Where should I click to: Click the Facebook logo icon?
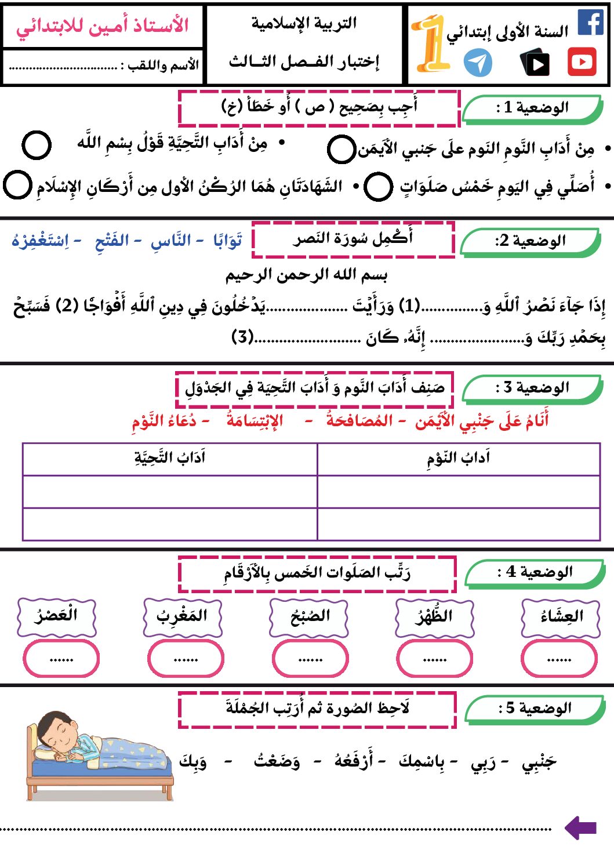(x=591, y=22)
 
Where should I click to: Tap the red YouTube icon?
(x=582, y=62)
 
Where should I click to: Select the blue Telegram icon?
(x=478, y=63)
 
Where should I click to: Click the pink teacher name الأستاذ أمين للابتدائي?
(x=103, y=26)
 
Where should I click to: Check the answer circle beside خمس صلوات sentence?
(x=379, y=187)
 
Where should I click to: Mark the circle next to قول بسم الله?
(x=36, y=144)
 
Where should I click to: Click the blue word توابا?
(x=227, y=240)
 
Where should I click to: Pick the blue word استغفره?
(x=40, y=240)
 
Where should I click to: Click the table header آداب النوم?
(x=458, y=459)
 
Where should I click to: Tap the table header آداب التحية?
(x=170, y=459)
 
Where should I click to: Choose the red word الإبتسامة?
(x=255, y=420)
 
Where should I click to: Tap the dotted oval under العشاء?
(x=559, y=659)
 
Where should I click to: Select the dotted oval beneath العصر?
(x=61, y=659)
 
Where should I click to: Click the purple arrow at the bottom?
(x=580, y=828)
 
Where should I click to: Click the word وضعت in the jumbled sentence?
(x=277, y=761)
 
